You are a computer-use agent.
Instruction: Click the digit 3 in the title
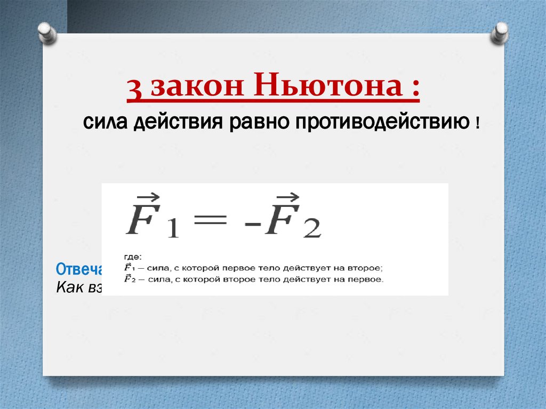[x=135, y=89]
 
